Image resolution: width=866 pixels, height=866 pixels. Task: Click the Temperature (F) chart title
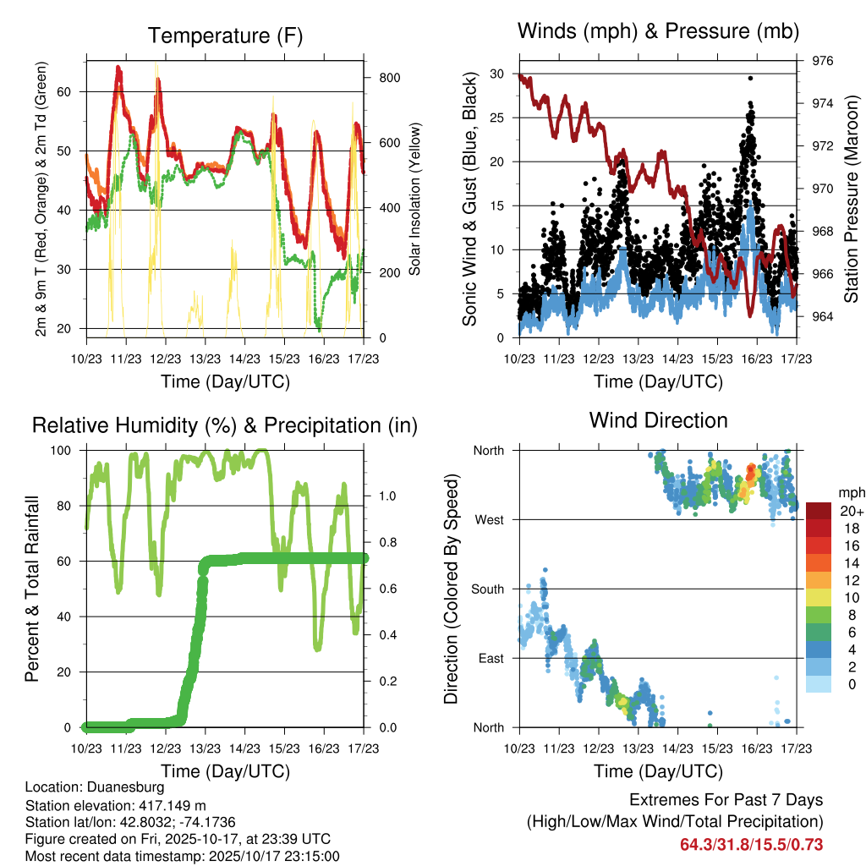click(x=225, y=36)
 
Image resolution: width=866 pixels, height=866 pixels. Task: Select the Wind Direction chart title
click(x=658, y=419)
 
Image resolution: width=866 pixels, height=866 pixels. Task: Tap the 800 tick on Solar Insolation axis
click(x=388, y=78)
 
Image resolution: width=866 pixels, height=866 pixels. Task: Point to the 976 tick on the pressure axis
click(x=822, y=61)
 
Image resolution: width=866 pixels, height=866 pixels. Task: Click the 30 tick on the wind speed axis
click(x=497, y=74)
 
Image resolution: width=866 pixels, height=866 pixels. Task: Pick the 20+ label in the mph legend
click(x=852, y=511)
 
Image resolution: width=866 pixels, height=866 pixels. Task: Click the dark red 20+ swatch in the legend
click(x=819, y=511)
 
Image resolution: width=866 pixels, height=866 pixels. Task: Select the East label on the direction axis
click(x=489, y=658)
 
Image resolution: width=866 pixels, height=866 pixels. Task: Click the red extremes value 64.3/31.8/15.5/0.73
click(x=751, y=844)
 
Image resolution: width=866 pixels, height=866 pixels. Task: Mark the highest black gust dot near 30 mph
click(x=750, y=78)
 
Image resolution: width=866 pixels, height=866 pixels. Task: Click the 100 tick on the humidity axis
click(x=68, y=450)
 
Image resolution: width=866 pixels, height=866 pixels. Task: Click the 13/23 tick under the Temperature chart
click(x=205, y=359)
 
